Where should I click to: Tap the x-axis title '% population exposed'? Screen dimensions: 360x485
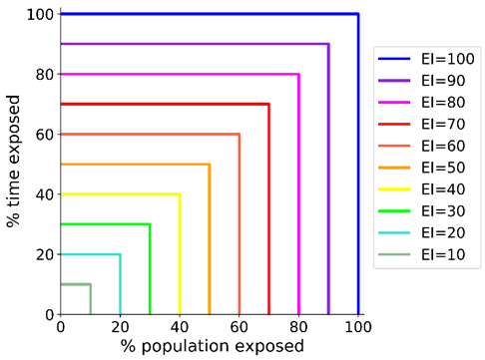(209, 346)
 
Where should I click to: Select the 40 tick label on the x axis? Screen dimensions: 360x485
(180, 326)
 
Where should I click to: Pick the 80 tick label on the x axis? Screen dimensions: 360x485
(298, 326)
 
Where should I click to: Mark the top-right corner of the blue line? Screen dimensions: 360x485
(358, 14)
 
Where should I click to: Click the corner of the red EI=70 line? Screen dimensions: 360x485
(268, 104)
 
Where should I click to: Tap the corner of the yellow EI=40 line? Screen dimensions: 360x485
(180, 194)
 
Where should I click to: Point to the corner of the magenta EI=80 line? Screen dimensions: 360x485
(298, 74)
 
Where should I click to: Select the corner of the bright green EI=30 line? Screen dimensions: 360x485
(150, 224)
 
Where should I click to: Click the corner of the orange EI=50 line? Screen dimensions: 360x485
(210, 165)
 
